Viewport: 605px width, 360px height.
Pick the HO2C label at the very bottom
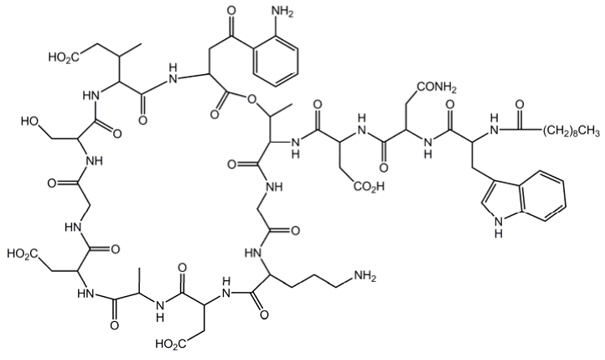tap(175, 345)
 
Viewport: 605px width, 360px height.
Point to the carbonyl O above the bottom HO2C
tap(182, 267)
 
